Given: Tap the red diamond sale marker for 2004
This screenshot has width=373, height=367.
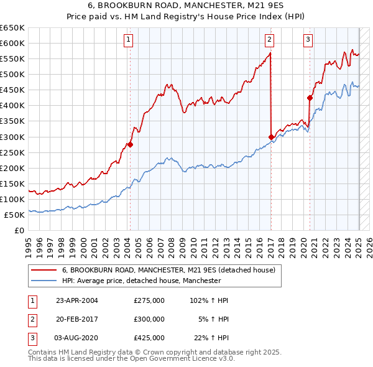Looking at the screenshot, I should [x=130, y=144].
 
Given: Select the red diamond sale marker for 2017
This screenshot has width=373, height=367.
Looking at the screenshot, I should [x=271, y=137].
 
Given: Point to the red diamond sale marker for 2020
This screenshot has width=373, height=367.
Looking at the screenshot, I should [x=310, y=98].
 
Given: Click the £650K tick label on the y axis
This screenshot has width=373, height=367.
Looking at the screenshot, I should [x=12, y=28].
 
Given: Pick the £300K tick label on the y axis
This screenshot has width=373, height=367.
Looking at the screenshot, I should [x=12, y=137].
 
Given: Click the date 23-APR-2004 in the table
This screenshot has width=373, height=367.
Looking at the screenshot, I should [x=76, y=300].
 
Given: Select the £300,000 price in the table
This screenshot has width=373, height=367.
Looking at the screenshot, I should [x=149, y=319].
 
